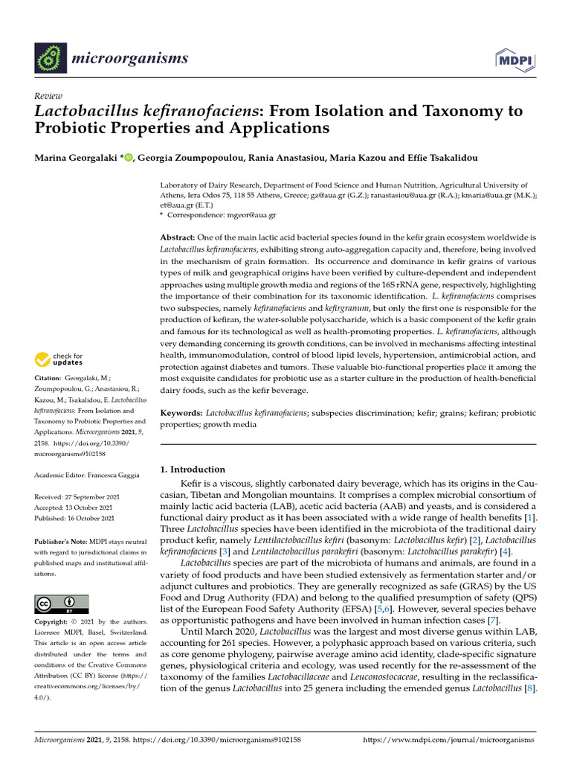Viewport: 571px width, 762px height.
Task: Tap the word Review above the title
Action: [48, 97]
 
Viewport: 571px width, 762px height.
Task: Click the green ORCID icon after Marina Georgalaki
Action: [128, 157]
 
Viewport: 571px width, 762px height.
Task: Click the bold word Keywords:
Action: [182, 412]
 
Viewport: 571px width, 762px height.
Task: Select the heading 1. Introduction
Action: [193, 470]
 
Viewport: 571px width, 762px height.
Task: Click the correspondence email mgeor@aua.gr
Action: [254, 215]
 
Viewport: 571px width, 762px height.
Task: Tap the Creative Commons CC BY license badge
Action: [61, 603]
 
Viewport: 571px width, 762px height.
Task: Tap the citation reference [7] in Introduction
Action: [493, 621]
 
